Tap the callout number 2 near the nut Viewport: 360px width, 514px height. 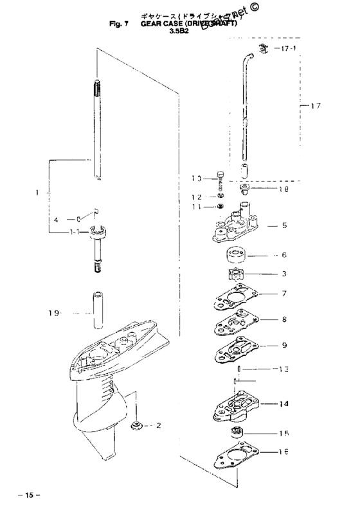coord(159,425)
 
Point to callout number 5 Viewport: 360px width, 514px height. coord(283,226)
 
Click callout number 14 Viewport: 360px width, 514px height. coord(283,405)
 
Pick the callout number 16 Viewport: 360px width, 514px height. coord(283,452)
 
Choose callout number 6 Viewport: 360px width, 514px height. coord(283,255)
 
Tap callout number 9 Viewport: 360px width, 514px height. coord(283,345)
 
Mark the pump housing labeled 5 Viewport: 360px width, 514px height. coord(236,228)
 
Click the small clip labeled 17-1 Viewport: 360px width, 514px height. coord(263,49)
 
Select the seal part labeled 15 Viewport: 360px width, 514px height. coord(237,432)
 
